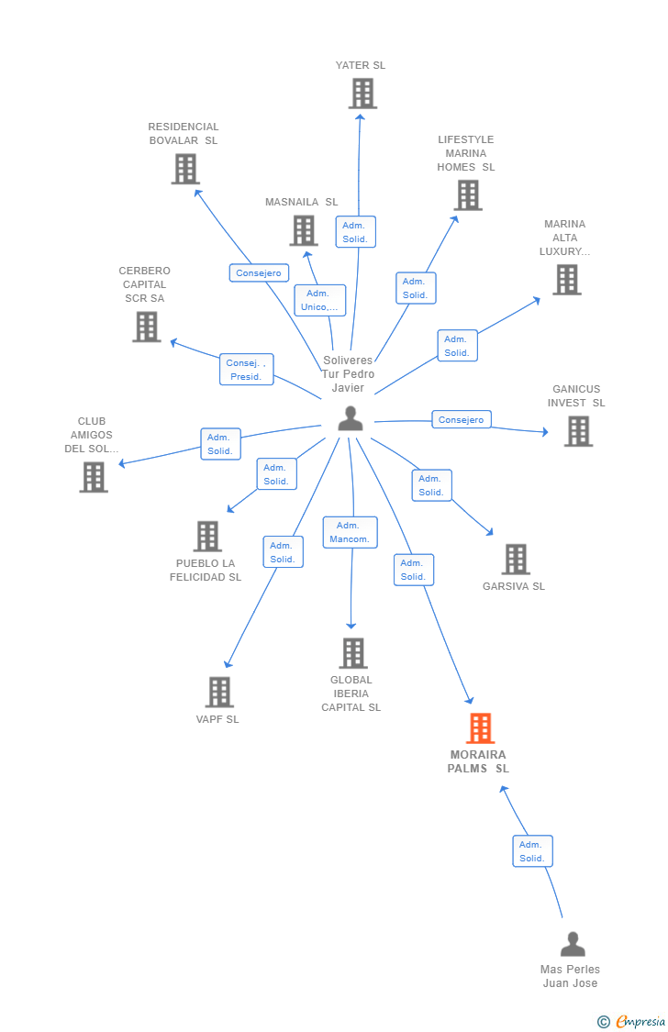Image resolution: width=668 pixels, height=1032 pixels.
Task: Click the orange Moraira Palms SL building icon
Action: tap(480, 728)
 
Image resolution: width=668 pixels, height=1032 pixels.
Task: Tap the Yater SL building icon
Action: tap(362, 94)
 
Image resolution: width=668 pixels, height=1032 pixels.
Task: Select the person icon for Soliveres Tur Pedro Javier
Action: tap(351, 418)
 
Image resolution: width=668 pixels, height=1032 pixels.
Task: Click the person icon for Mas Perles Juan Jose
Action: tap(573, 944)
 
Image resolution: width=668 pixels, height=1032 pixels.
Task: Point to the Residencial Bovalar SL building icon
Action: tap(185, 169)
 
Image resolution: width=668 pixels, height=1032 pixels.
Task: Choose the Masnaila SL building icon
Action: tap(304, 230)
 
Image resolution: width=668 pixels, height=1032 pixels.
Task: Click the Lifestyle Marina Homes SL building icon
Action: tap(468, 195)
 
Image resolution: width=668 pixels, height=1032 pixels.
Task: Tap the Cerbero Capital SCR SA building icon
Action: tap(146, 327)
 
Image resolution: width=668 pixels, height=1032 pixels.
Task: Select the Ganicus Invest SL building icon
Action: tap(578, 431)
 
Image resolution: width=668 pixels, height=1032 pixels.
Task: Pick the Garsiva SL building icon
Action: tap(516, 559)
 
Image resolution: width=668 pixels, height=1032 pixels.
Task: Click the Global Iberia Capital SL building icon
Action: tap(353, 653)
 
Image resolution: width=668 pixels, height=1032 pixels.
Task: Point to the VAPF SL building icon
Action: tap(219, 692)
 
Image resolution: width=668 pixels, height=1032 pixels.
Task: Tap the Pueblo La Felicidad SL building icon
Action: tap(208, 537)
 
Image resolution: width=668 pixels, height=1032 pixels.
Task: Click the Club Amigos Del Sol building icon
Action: tap(94, 477)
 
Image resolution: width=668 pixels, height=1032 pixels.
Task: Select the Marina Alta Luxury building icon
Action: tap(567, 280)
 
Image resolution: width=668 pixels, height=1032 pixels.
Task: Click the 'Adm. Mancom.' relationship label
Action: tap(350, 532)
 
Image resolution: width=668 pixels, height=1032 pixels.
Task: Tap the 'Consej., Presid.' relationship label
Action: tap(246, 370)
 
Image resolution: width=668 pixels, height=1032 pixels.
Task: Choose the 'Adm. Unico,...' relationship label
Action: tap(319, 300)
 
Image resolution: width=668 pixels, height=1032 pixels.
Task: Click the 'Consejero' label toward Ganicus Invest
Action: tap(461, 419)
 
